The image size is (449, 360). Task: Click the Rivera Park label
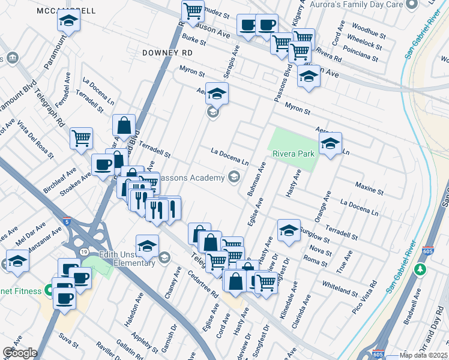(x=294, y=154)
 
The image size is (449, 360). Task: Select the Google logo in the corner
(x=20, y=353)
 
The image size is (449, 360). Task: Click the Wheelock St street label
(x=364, y=46)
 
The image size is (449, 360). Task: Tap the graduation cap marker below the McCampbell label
(x=69, y=22)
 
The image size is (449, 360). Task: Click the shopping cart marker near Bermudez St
(x=193, y=11)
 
